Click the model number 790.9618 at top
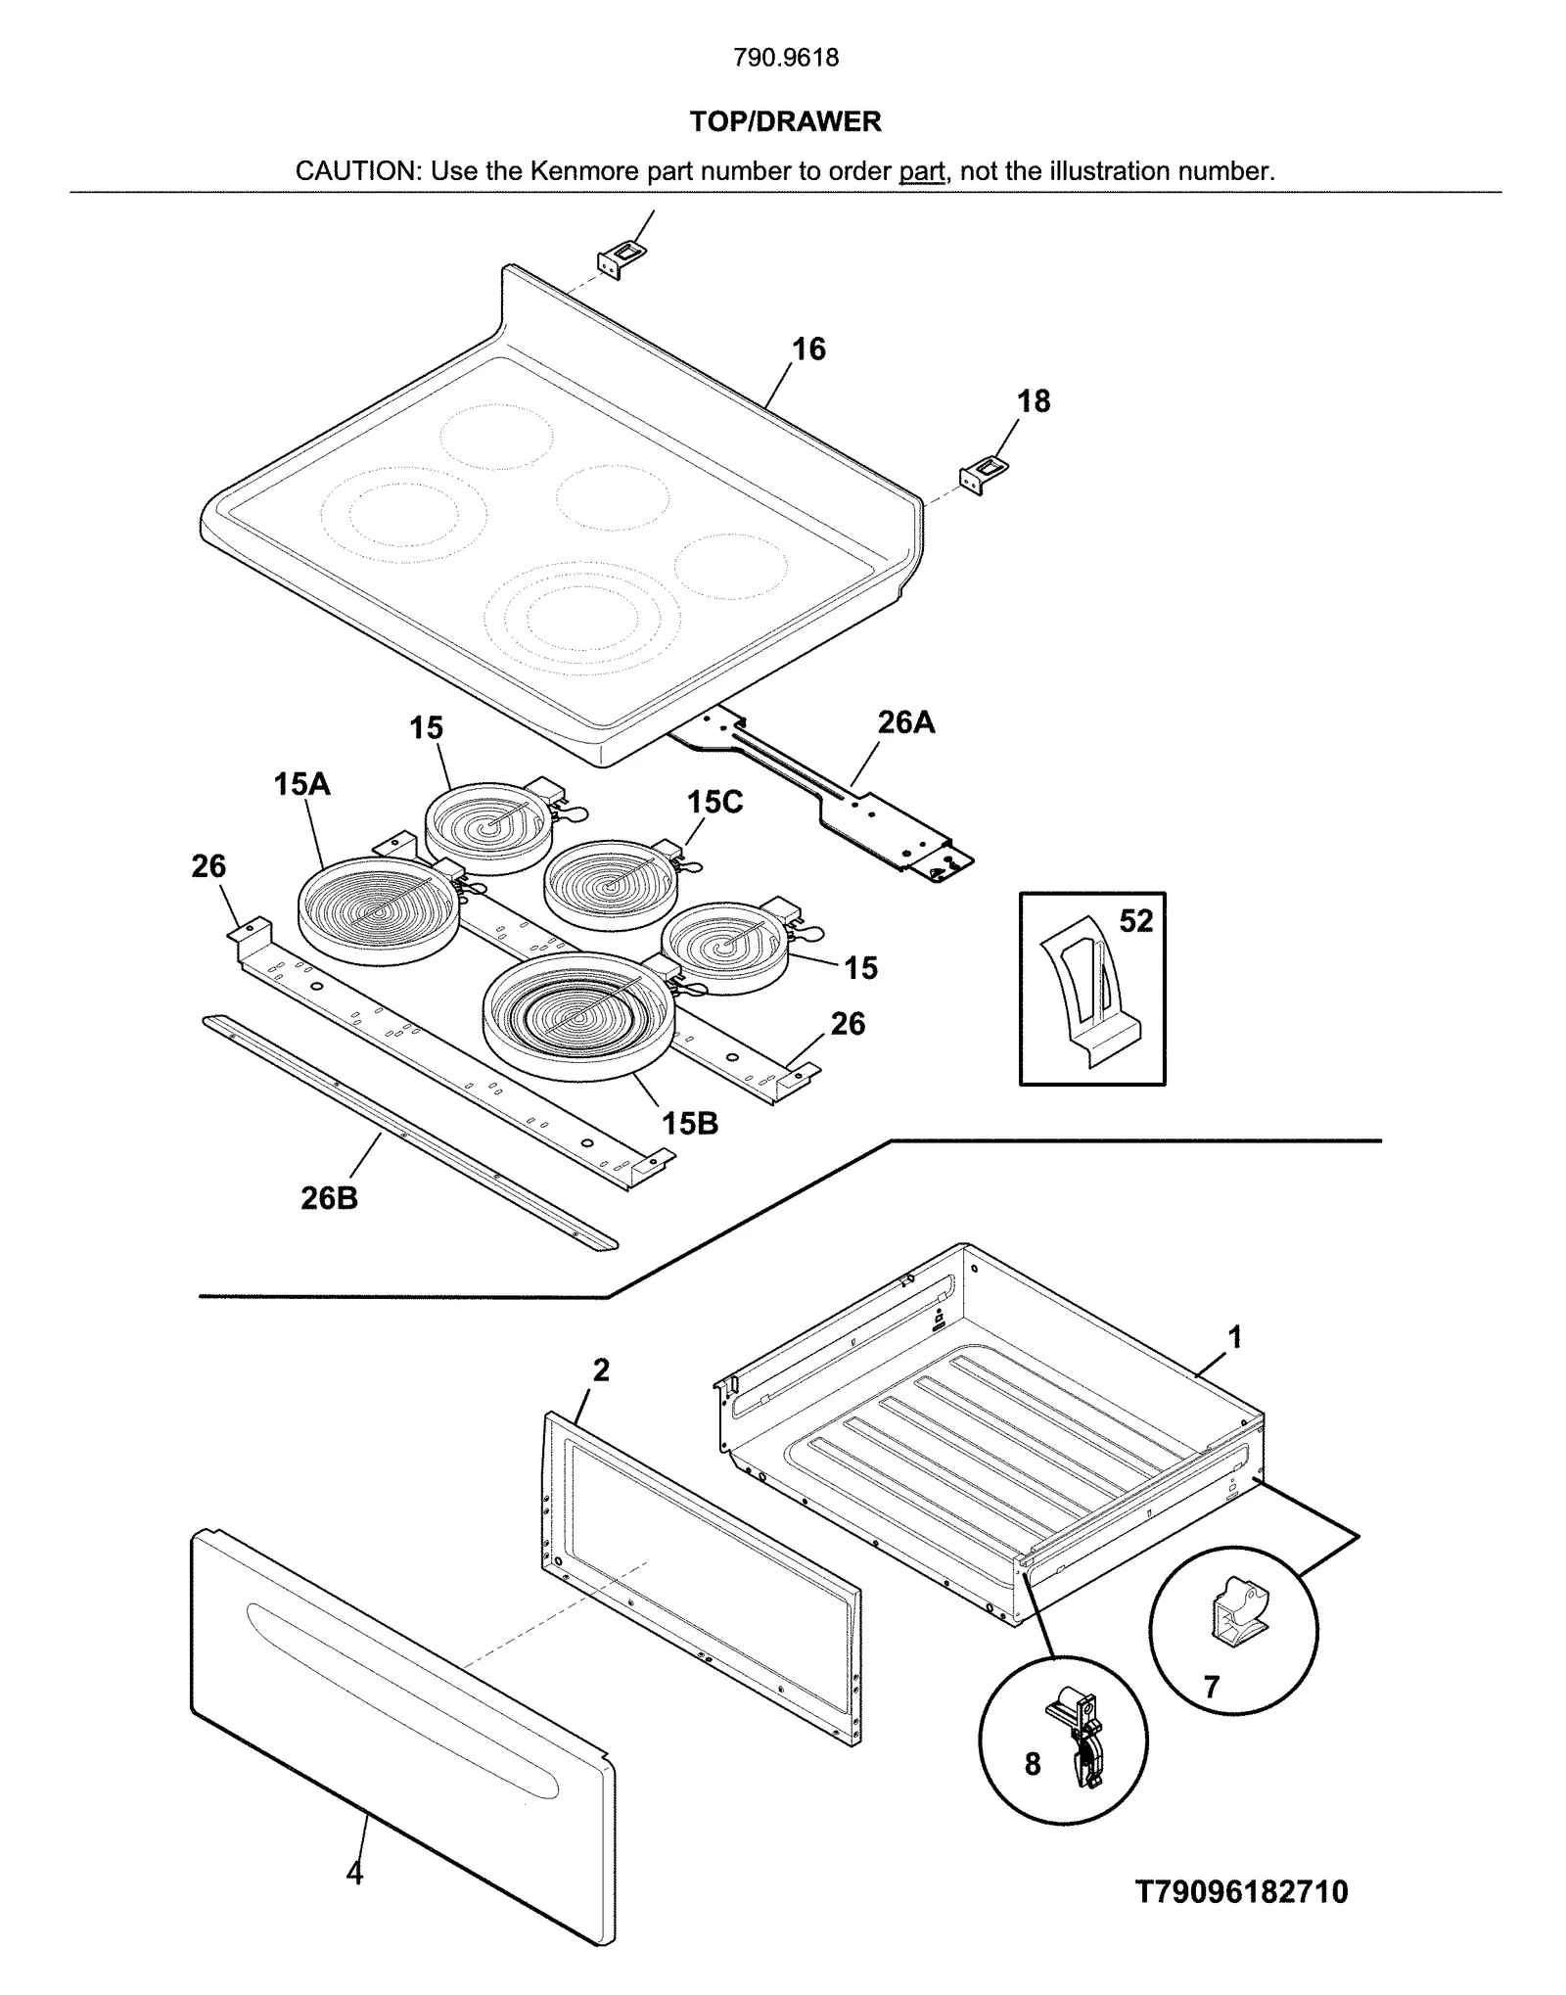785,58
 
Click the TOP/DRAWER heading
785,121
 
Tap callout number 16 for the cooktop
808,349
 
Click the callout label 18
1033,401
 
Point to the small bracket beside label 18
984,476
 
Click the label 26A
905,722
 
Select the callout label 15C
714,802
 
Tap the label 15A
301,784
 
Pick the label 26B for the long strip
329,1197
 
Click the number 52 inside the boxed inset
1135,921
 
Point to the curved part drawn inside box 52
1084,989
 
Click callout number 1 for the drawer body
1235,1336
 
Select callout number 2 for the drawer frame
601,1369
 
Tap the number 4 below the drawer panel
354,1873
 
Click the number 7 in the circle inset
1212,1687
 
